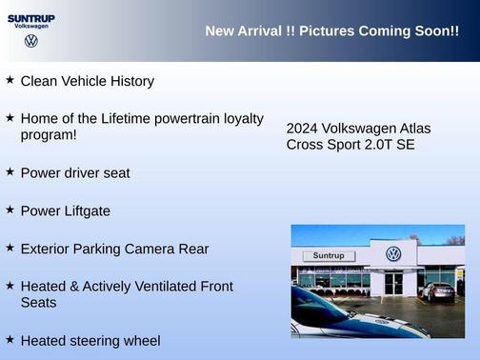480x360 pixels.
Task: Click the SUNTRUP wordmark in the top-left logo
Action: (30, 17)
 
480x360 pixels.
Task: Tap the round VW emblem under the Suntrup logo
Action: (31, 41)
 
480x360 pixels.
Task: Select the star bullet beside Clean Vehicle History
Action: (10, 80)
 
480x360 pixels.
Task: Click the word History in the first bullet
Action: (129, 82)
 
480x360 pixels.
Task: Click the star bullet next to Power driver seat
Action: (10, 171)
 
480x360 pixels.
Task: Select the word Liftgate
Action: (85, 211)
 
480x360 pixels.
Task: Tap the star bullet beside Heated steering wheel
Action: (10, 339)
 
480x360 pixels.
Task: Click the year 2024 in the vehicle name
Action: (302, 129)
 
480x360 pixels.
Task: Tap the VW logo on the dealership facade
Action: (393, 253)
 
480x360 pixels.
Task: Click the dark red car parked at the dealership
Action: (437, 291)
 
